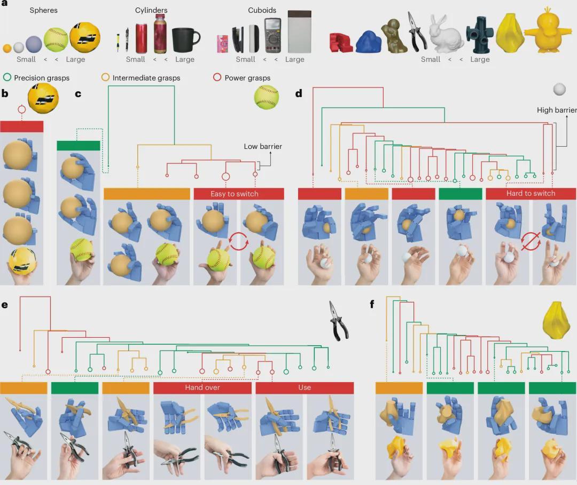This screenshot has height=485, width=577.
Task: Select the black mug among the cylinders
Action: (x=185, y=37)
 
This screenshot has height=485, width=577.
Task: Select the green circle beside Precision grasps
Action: (x=7, y=78)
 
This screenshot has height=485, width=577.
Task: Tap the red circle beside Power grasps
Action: (x=217, y=78)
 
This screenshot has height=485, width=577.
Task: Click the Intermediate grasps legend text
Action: (x=146, y=78)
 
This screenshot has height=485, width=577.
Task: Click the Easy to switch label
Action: (x=234, y=194)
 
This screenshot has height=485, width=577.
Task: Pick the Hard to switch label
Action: (x=531, y=193)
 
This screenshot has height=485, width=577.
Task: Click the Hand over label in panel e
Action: (x=202, y=387)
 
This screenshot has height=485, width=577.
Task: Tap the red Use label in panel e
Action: (x=305, y=387)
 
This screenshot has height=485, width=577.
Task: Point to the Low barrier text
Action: (x=263, y=146)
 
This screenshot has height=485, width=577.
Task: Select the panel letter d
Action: (x=299, y=94)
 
